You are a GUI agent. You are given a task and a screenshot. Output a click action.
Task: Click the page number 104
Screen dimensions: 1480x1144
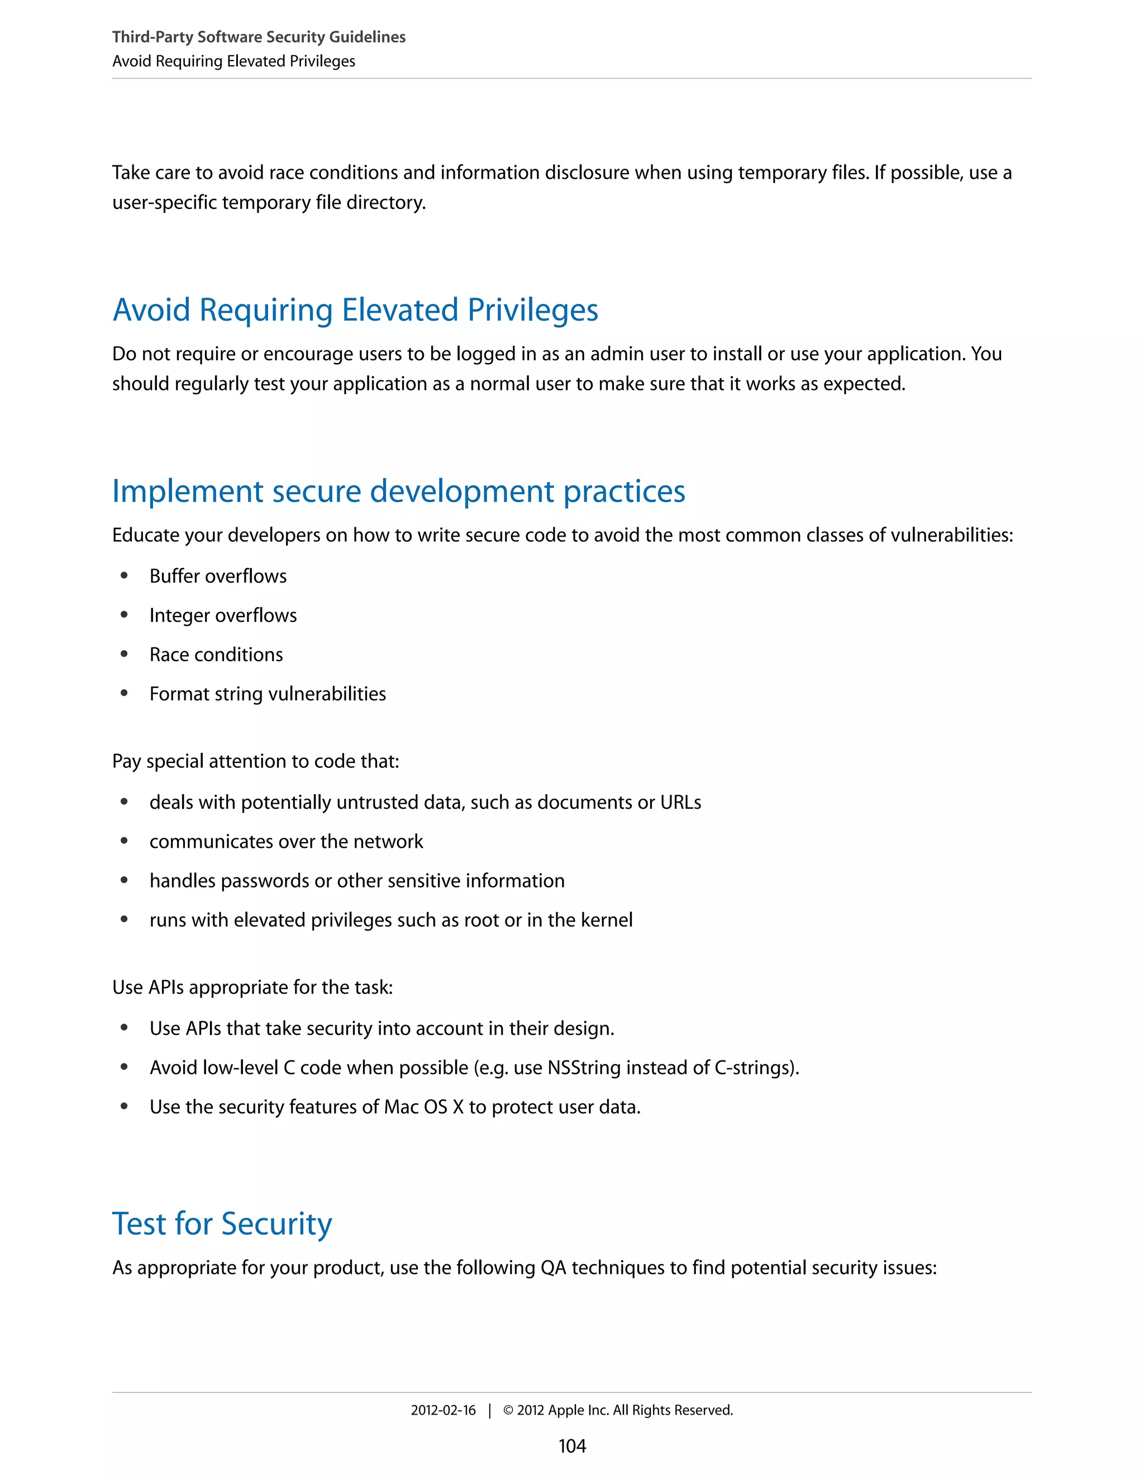click(572, 1445)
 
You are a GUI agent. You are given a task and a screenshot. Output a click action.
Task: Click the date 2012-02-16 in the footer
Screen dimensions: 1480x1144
click(443, 1410)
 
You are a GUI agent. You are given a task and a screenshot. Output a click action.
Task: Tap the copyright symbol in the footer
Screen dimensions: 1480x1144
click(508, 1410)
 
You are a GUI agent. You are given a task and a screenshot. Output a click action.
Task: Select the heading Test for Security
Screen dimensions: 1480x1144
click(222, 1224)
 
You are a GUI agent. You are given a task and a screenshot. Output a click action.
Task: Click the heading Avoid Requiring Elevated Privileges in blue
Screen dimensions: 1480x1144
click(355, 311)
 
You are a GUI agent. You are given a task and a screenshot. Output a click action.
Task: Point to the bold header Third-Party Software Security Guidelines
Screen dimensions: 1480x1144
click(259, 37)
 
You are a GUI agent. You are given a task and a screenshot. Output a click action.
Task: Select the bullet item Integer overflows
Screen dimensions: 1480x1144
click(223, 615)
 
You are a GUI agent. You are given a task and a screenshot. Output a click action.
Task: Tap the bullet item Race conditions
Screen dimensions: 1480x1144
click(216, 655)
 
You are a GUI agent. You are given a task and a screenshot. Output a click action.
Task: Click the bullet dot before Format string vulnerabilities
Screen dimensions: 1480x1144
click(124, 693)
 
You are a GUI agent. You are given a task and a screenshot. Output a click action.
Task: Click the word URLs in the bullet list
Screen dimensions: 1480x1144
click(680, 803)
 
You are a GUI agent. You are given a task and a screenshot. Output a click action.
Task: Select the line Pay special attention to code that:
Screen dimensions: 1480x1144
click(255, 762)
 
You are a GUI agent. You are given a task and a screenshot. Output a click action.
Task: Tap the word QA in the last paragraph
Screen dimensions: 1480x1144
click(553, 1268)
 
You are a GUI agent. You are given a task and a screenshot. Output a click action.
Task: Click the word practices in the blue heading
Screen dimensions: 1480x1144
click(624, 492)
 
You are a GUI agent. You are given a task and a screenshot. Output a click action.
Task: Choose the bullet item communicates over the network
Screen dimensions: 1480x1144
click(286, 842)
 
